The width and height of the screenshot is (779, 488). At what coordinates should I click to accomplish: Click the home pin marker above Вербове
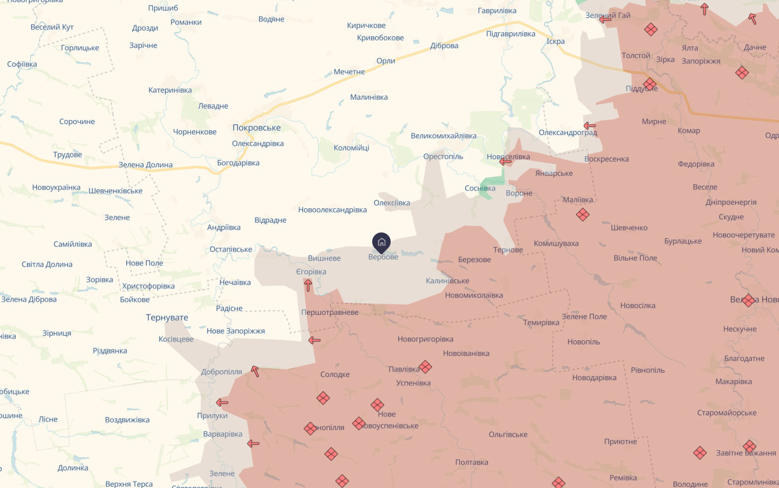[381, 242]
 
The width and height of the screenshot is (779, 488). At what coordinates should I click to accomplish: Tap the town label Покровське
[256, 127]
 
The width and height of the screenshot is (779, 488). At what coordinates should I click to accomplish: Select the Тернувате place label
[167, 318]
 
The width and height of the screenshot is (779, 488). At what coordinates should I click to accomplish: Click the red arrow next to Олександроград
[589, 126]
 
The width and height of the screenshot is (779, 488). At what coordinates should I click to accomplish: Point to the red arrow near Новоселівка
[505, 162]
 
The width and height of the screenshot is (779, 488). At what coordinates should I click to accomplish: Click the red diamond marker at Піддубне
[650, 85]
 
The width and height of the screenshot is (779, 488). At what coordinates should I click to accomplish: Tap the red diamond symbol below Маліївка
[583, 215]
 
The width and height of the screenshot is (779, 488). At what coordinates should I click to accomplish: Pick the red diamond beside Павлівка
[425, 367]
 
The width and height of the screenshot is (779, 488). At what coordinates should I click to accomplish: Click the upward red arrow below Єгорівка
[308, 285]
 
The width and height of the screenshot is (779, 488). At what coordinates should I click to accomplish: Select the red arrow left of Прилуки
[222, 403]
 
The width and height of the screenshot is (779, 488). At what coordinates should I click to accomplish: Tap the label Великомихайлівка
[444, 136]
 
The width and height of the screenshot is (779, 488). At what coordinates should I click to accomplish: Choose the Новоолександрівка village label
[332, 209]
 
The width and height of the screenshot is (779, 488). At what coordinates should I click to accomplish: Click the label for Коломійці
[351, 148]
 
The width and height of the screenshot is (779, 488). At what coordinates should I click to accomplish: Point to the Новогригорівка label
[425, 339]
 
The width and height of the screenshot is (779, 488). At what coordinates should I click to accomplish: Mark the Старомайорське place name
[726, 412]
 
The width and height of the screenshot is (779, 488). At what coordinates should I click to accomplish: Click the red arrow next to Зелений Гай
[605, 20]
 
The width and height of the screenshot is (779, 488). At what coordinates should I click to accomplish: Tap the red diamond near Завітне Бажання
[750, 446]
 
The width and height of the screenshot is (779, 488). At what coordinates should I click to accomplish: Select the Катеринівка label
[170, 90]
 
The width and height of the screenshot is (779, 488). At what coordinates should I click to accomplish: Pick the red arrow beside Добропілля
[254, 371]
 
